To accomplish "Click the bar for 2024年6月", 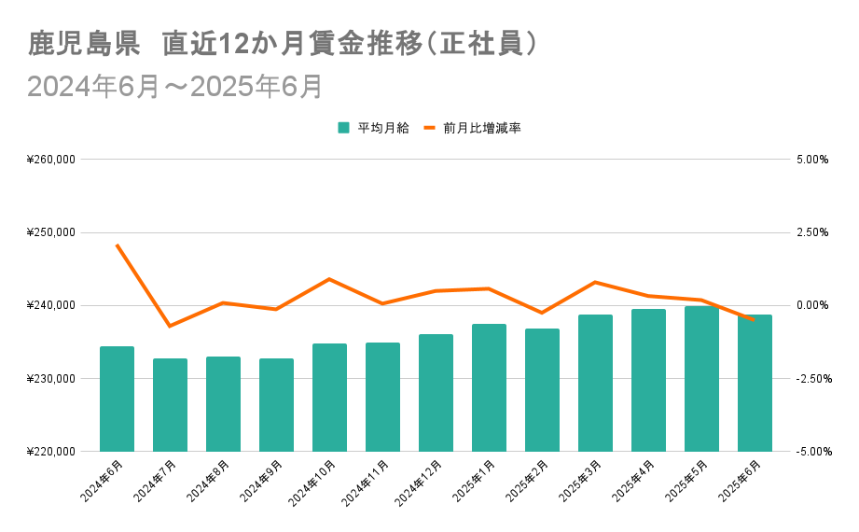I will [x=118, y=399].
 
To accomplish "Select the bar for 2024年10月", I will [x=329, y=397].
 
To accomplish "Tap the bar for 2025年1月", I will [x=489, y=387].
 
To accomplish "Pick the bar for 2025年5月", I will [x=701, y=378].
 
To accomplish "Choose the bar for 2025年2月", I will [x=542, y=390].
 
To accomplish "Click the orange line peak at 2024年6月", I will [x=118, y=245].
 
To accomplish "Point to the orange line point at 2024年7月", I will [x=170, y=326].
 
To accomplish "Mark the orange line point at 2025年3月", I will [x=595, y=282].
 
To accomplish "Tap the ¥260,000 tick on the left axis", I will [x=52, y=160].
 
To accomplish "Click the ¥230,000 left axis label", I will [x=52, y=379].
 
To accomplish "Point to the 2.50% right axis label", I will [x=811, y=232].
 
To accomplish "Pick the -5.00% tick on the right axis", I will [x=810, y=452].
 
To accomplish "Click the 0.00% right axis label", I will [x=811, y=305].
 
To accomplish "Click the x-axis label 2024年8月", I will [x=208, y=481].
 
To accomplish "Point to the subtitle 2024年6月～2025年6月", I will [x=175, y=86].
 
